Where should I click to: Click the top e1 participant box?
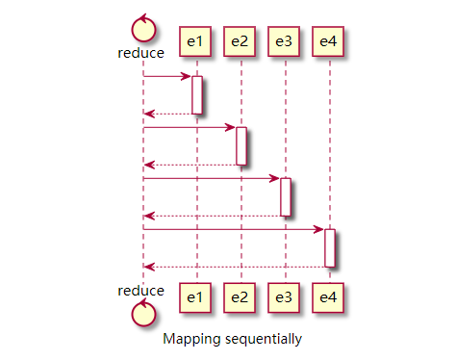(x=194, y=40)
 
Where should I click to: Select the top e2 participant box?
(x=239, y=40)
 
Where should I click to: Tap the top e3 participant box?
(x=283, y=40)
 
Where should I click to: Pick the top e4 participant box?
(x=328, y=40)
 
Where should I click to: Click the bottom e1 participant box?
(x=194, y=296)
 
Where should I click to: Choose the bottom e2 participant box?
(x=239, y=296)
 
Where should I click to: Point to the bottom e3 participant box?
(x=283, y=296)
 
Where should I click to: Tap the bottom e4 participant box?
(x=328, y=296)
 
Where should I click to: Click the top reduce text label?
(x=141, y=53)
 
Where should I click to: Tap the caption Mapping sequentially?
(x=232, y=339)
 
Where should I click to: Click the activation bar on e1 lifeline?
(x=196, y=94)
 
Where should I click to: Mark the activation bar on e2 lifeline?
(x=241, y=145)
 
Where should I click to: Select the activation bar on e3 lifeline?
(x=286, y=196)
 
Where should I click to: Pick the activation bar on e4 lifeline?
(x=330, y=247)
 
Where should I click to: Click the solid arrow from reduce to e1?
(x=167, y=76)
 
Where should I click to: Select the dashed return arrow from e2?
(x=190, y=165)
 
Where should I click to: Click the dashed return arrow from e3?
(x=212, y=216)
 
